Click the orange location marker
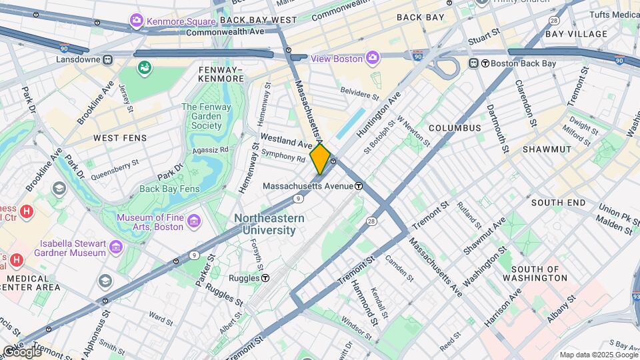click(320, 159)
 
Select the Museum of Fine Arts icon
click(194, 221)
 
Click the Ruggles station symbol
click(265, 278)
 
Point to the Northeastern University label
click(269, 224)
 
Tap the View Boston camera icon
click(372, 58)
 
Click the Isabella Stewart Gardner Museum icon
click(117, 248)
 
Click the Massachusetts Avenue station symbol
click(359, 186)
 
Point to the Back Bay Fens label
click(169, 189)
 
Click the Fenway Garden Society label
click(201, 116)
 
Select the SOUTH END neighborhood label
click(558, 202)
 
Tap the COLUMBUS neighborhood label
click(455, 127)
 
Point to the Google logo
click(21, 351)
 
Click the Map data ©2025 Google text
click(597, 355)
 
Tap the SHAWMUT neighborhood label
click(547, 149)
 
